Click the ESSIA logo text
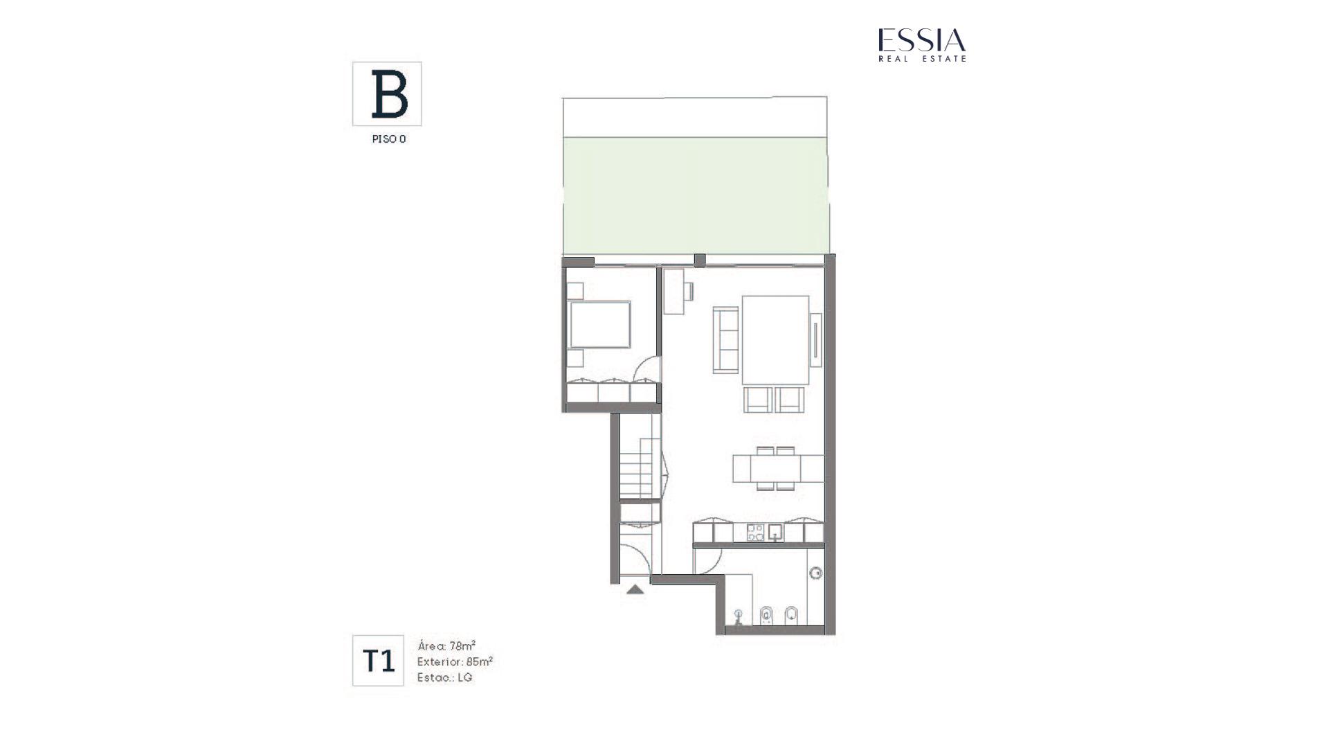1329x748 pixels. click(x=922, y=40)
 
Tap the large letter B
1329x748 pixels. click(x=389, y=94)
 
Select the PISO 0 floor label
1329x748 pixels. click(x=389, y=139)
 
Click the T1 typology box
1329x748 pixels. click(x=378, y=661)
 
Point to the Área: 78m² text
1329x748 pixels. click(x=446, y=646)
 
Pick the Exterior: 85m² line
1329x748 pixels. click(x=455, y=661)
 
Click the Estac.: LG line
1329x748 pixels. click(x=444, y=677)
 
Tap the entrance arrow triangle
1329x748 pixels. click(x=635, y=589)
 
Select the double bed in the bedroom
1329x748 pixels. click(x=599, y=324)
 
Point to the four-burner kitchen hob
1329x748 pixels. click(x=755, y=533)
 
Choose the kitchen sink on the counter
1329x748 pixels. click(x=776, y=533)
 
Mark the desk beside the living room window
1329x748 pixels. click(x=673, y=291)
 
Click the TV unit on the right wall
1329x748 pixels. click(x=816, y=339)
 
